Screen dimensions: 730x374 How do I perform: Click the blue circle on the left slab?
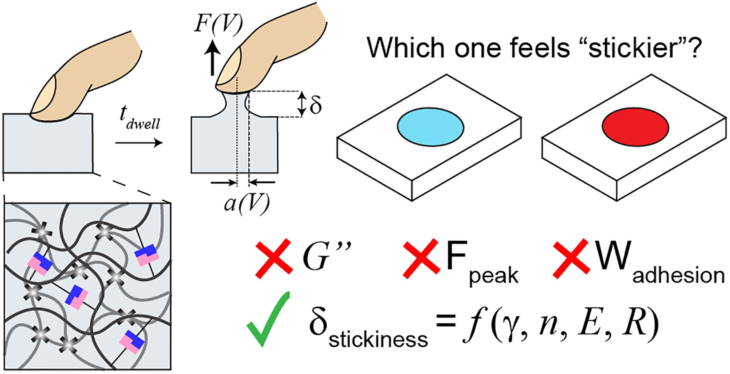coord(430,127)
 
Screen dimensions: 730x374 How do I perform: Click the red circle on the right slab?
coord(636,127)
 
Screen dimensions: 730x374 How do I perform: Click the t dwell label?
coord(140,118)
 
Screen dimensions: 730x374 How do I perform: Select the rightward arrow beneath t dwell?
coord(139,142)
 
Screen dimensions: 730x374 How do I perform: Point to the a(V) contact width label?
coord(247,203)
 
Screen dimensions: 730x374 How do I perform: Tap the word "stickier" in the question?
coord(636,47)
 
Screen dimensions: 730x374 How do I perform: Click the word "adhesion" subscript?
coord(678,275)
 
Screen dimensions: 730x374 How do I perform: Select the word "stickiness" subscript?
coord(378,339)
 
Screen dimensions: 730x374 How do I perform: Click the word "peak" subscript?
coord(494,276)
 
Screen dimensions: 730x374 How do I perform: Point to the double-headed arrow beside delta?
coord(302,104)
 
